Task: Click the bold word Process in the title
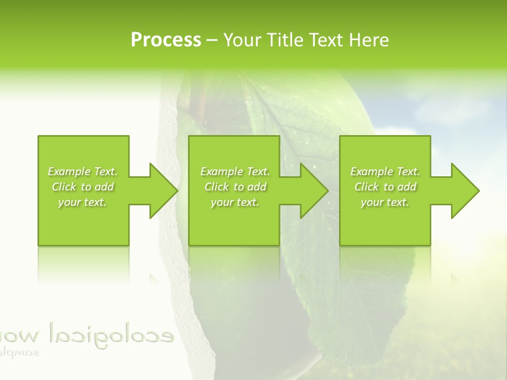tap(166, 40)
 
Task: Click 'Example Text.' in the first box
tap(83, 172)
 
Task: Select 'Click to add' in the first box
tap(83, 187)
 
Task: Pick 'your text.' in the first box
tap(82, 202)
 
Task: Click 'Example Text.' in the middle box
tap(235, 172)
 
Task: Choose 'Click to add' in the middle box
tap(235, 187)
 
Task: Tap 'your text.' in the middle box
tap(234, 202)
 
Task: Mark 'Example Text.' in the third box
tap(385, 172)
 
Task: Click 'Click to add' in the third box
tap(385, 187)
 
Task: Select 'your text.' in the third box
tap(384, 202)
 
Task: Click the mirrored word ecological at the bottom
tap(111, 334)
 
